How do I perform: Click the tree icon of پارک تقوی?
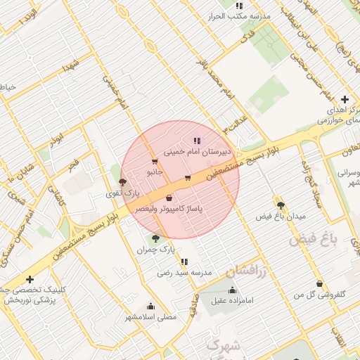click(x=124, y=182)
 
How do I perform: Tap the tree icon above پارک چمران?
click(x=155, y=238)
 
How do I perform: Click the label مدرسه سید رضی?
click(x=184, y=272)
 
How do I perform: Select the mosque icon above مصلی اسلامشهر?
click(x=150, y=306)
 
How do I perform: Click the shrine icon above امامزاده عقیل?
click(x=233, y=290)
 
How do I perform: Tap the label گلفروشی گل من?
click(x=321, y=295)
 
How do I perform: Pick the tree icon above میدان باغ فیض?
click(x=281, y=204)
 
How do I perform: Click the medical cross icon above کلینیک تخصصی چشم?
click(x=30, y=279)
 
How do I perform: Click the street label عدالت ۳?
click(x=236, y=123)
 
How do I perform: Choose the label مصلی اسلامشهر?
click(x=150, y=317)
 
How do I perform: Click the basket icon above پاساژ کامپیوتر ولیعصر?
click(x=169, y=199)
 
